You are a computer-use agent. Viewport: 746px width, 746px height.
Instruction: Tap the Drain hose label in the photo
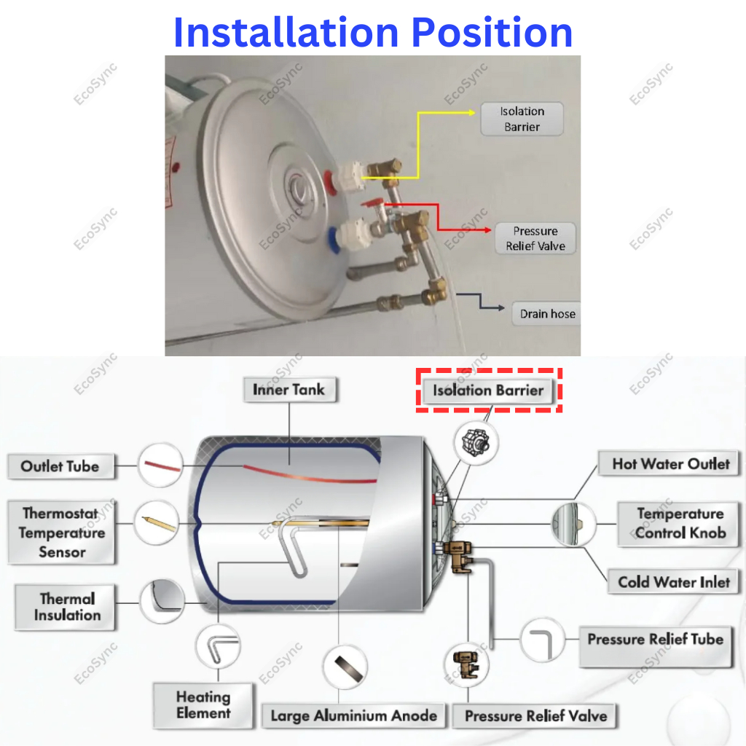point(547,314)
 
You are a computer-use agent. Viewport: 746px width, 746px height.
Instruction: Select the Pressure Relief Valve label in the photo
point(535,239)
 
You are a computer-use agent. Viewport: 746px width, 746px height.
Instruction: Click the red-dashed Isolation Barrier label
point(488,390)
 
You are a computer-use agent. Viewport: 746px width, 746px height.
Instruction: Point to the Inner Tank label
point(288,390)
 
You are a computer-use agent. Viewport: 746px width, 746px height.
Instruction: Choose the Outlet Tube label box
point(60,466)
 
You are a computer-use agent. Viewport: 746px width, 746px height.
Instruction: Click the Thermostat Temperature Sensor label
point(62,533)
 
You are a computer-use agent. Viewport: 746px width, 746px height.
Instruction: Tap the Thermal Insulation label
point(67,607)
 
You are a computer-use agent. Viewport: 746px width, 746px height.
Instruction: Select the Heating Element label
point(203,705)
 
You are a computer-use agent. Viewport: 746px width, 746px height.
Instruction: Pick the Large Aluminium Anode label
point(354,715)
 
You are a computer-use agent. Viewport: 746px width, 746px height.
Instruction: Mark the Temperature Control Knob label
point(680,523)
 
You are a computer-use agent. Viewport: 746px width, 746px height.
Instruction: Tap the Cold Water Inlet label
point(674,581)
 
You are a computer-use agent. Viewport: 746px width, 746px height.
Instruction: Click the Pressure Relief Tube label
point(655,640)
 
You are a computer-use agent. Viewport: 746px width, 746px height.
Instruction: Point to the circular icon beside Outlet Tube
point(159,463)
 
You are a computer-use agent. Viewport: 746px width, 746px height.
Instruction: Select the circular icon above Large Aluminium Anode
point(345,667)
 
